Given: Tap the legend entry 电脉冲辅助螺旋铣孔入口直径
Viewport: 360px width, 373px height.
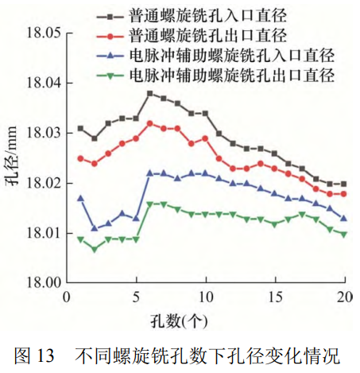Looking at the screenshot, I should (x=230, y=56).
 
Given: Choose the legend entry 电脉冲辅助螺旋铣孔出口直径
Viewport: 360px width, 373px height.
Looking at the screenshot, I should (x=230, y=76).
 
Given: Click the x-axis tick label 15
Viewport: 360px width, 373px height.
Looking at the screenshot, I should (x=275, y=297).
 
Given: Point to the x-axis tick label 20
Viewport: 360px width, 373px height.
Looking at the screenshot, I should (x=345, y=297).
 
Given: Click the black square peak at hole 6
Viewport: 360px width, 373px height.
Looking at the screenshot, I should (x=150, y=93).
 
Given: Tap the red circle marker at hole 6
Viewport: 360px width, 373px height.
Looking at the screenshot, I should (x=150, y=123).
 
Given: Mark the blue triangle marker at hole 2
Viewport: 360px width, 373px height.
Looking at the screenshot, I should (x=95, y=228).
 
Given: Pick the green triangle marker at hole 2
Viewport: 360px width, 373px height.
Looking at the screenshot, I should (x=95, y=249).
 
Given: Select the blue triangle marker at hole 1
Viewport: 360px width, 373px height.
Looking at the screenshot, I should (x=80, y=197).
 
